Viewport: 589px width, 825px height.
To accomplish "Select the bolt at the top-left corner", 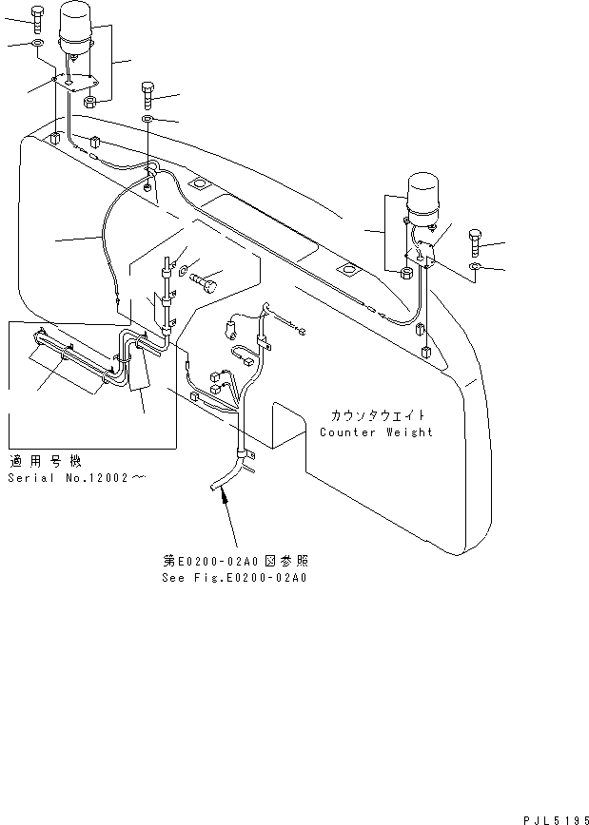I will pyautogui.click(x=36, y=16).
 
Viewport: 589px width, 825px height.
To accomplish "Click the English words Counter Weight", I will pyautogui.click(x=376, y=432).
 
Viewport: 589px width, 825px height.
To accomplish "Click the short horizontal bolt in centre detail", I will pyautogui.click(x=205, y=281).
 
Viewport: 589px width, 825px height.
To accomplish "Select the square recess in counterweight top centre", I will pyautogui.click(x=200, y=182).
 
